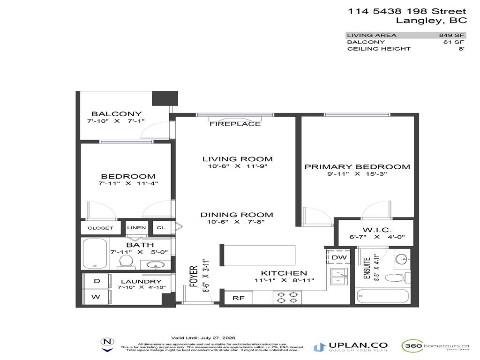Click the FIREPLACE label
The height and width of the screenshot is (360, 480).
(235, 124)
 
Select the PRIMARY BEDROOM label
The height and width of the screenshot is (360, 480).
(357, 167)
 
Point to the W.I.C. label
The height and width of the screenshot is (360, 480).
(374, 230)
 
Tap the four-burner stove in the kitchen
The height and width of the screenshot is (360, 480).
(287, 298)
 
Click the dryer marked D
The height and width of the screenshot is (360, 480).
(97, 281)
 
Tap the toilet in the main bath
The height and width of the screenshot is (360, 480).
(125, 262)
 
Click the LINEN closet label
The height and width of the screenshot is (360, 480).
(136, 228)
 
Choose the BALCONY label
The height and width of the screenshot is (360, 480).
(116, 114)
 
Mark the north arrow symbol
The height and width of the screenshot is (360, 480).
(107, 344)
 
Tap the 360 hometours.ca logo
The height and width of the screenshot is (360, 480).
(435, 346)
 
